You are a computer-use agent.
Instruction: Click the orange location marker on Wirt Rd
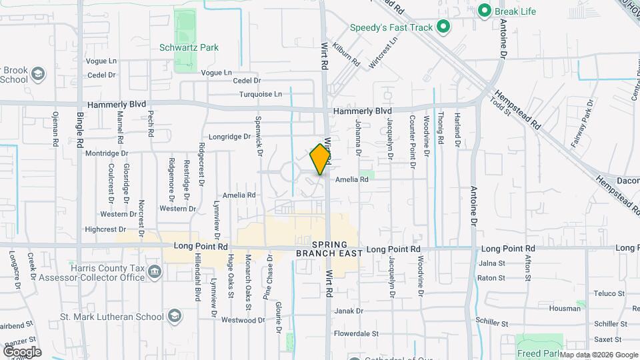point(321,159)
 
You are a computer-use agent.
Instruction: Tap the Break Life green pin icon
point(485,11)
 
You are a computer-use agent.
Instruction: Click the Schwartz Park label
point(189,47)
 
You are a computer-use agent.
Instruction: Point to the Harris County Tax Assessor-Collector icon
point(155,272)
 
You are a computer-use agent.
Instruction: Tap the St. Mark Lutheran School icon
point(175,316)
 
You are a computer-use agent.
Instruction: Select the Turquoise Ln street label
point(261,94)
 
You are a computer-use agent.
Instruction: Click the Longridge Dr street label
point(229,137)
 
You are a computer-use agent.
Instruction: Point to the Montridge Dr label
point(106,153)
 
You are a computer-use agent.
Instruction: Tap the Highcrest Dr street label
point(105,229)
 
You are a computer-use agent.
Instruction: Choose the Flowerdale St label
point(356,333)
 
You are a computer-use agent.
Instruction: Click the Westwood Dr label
point(243,321)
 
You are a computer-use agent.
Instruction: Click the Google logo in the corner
point(22,352)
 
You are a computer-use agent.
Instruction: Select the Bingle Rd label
point(80,129)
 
